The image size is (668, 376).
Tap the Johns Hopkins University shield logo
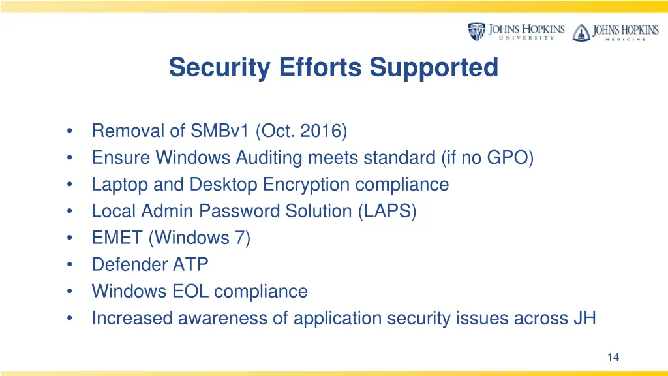point(477,31)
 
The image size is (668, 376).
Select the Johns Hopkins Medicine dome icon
point(581,32)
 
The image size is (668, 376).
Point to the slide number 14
point(613,357)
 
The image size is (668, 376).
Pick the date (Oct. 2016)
point(301,131)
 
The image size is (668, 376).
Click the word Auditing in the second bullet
point(269,158)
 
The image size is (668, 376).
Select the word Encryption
point(307,185)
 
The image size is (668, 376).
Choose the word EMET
point(117,238)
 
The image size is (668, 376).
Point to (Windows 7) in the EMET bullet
point(200,238)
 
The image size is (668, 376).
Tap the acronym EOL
point(190,291)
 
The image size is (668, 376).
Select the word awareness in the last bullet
point(219,318)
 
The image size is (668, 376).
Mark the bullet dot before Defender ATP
point(69,265)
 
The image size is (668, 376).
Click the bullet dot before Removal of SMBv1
point(69,131)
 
